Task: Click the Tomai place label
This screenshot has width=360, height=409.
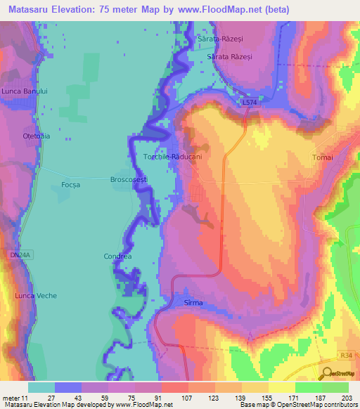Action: coord(321,157)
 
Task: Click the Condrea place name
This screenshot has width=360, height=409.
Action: coord(117,257)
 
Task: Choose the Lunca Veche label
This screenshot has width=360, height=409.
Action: coord(36,296)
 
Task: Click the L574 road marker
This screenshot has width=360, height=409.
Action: coord(249,103)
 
